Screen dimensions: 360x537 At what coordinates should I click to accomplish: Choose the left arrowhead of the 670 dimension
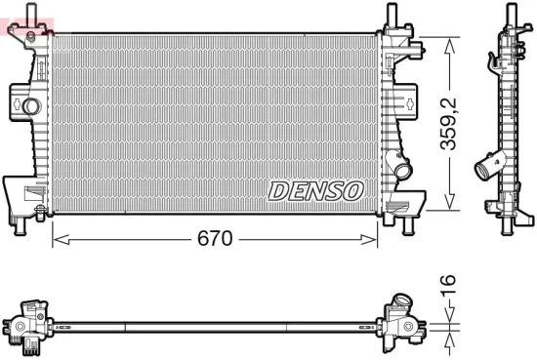(x=56, y=238)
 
